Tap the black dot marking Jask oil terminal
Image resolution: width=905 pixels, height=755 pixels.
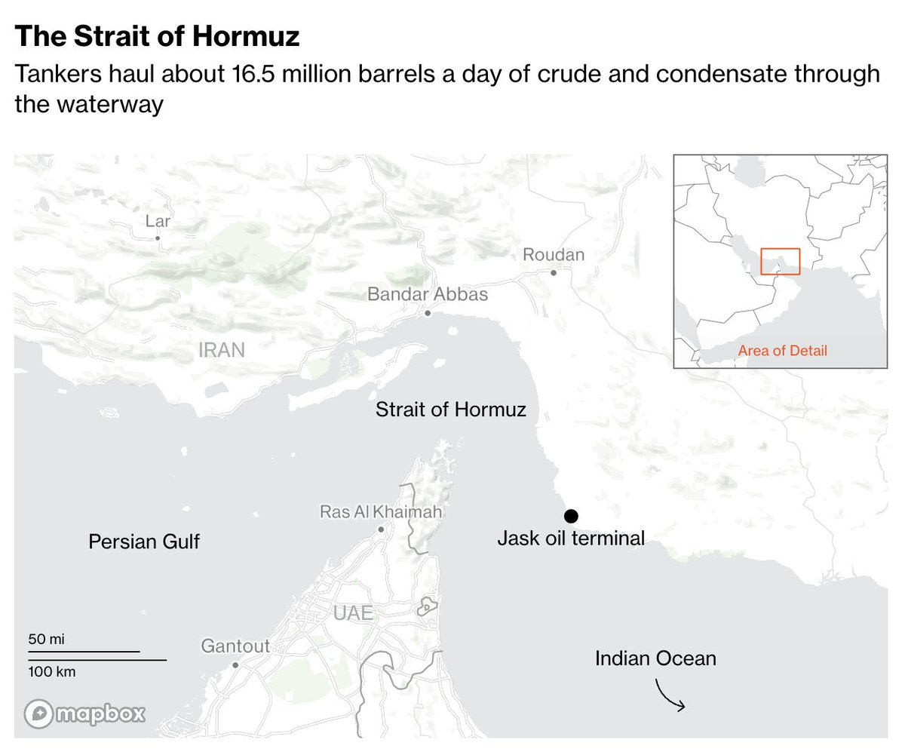571,516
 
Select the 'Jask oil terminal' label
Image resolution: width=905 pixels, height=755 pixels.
571,539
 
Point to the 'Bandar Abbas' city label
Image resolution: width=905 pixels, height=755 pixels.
428,294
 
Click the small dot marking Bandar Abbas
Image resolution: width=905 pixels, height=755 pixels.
428,312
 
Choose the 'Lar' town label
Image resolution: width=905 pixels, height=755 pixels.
158,221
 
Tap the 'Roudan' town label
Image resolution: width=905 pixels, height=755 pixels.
554,255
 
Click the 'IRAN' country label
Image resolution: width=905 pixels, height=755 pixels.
222,350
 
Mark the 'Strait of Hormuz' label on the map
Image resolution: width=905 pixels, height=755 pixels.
451,410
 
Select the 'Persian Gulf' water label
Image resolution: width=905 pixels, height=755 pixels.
144,542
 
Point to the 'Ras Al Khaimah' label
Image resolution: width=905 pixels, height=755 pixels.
381,512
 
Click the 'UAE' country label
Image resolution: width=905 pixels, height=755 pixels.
353,613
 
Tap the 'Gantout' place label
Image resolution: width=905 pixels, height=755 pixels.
235,646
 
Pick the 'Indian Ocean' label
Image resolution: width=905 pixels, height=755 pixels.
655,658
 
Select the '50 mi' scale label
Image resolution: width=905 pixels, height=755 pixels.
47,640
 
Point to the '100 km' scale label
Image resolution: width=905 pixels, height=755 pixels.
52,671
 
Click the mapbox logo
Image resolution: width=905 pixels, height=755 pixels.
84,714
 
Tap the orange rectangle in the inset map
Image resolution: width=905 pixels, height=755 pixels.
780,261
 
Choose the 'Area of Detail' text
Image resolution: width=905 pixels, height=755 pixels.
782,351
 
